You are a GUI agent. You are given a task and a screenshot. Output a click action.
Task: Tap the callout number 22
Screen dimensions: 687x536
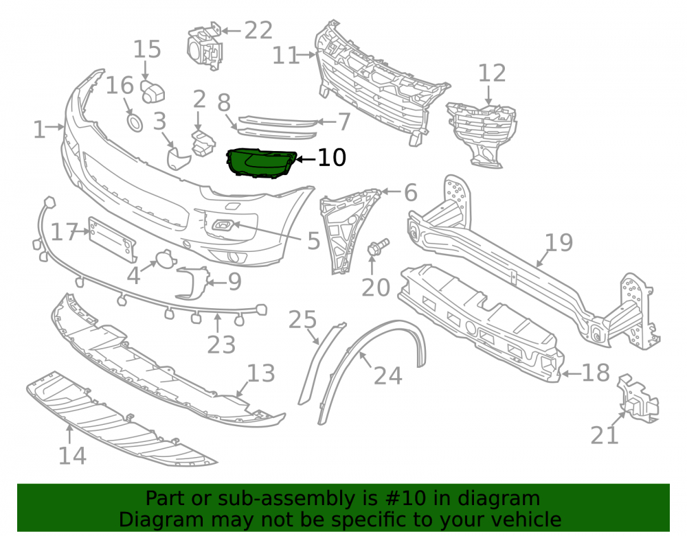[258, 31]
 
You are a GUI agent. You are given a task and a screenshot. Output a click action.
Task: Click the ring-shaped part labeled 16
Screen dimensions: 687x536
[135, 123]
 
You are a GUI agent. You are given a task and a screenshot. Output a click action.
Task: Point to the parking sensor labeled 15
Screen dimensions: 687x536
[153, 91]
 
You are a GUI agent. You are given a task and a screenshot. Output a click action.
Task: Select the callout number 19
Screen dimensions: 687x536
[559, 242]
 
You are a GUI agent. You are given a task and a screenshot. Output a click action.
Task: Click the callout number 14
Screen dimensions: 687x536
[72, 456]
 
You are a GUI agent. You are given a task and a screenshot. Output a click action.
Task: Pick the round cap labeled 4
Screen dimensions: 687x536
[165, 258]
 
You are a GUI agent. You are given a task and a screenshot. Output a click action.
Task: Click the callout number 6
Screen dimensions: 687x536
[411, 193]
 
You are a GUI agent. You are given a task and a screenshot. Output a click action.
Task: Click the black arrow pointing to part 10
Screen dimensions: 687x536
[306, 159]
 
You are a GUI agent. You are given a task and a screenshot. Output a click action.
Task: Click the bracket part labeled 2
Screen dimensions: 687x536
[203, 142]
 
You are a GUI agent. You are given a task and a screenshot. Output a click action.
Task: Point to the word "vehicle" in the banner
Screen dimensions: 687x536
[526, 520]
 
